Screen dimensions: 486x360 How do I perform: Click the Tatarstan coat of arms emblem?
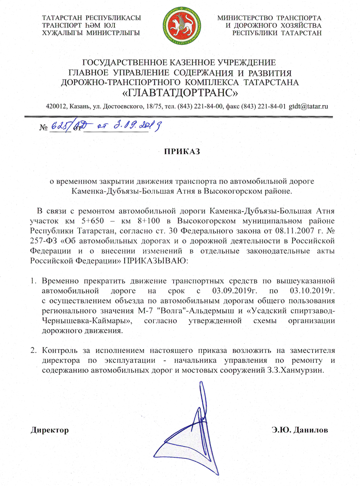click(180, 25)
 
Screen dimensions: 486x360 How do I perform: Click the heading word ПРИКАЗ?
click(179, 151)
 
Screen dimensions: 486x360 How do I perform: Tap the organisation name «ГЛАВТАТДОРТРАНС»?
click(180, 91)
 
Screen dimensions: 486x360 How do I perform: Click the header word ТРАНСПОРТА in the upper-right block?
click(302, 18)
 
